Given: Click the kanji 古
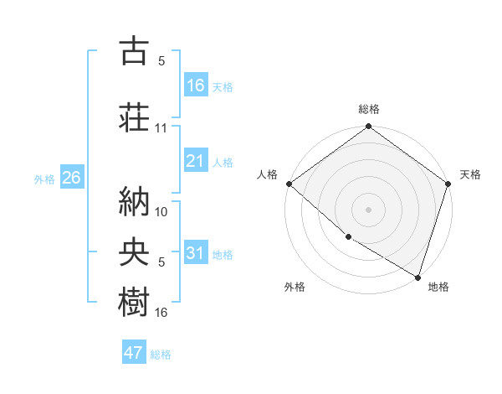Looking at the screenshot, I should (134, 51).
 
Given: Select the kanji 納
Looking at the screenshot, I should (134, 201).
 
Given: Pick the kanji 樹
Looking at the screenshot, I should (134, 302).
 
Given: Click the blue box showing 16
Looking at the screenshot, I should (196, 85).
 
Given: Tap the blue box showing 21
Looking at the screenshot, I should (196, 161).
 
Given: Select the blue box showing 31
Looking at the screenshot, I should (196, 253).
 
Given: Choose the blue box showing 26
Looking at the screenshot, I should (71, 178).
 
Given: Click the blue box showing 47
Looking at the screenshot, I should (134, 353).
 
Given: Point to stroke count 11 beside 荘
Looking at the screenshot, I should (161, 128).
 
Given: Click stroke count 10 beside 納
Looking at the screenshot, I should (161, 212).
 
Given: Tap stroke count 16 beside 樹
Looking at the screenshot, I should (161, 313).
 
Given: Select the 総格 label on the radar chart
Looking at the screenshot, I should (369, 109).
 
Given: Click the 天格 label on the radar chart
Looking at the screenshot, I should (470, 174).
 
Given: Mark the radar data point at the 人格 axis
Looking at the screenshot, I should (289, 184).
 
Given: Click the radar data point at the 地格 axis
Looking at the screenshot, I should (417, 276).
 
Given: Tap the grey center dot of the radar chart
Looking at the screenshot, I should (368, 210).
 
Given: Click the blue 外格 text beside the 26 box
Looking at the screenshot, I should (44, 179).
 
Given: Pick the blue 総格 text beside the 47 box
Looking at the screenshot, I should (161, 355).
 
